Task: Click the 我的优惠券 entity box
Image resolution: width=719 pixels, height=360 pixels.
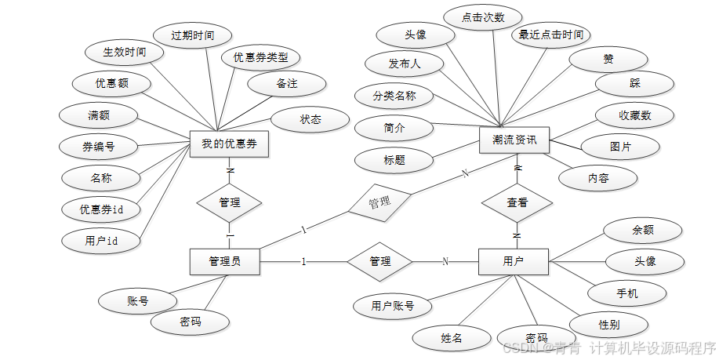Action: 230,144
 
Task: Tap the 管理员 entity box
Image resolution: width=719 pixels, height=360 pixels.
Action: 224,261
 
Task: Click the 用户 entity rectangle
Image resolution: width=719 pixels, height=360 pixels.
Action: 513,261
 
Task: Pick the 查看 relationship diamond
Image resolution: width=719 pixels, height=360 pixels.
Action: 517,202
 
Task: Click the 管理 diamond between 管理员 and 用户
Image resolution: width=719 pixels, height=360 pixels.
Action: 380,261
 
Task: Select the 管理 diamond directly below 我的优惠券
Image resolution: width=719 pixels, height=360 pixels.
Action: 229,202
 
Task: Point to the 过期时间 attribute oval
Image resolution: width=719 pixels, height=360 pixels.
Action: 192,35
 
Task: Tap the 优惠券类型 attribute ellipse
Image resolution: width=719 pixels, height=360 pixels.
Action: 260,58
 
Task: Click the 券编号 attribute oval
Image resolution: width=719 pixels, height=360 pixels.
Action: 100,146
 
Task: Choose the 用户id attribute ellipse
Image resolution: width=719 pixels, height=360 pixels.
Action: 101,241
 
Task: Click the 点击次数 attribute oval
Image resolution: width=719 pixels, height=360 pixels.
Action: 483,17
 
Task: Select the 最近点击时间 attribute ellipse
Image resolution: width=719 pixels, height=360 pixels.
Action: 550,35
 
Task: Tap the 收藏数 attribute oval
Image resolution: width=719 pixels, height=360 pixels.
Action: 634,116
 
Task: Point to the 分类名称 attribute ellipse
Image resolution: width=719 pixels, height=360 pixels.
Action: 394,96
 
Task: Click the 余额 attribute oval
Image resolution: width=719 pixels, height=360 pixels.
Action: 642,231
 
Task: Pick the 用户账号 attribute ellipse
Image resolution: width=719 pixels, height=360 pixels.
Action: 393,306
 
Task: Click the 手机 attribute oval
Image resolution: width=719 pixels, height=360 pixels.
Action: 627,293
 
